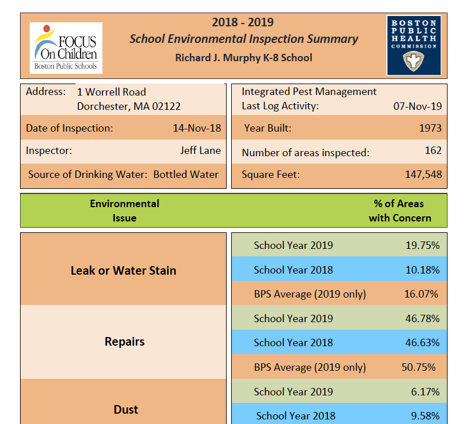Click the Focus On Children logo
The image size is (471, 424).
[66, 47]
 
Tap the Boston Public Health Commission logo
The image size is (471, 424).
[414, 45]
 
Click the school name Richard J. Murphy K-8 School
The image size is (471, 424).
[244, 58]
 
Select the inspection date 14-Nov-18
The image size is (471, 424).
[197, 128]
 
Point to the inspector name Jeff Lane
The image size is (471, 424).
[200, 151]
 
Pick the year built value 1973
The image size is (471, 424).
[430, 128]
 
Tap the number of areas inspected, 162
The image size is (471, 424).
[433, 150]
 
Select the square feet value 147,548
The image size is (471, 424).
[423, 175]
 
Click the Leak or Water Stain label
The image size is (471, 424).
[124, 270]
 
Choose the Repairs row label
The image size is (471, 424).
[125, 342]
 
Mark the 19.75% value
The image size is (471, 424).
[422, 245]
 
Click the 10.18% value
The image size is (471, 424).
[422, 270]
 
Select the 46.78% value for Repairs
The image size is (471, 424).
[422, 318]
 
